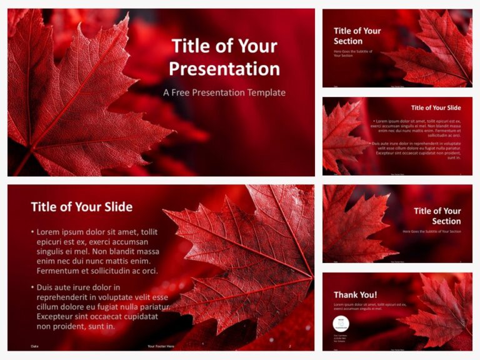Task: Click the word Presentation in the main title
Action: tap(224, 68)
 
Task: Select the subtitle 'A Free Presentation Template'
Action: tap(224, 92)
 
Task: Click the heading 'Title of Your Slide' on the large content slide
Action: tap(81, 207)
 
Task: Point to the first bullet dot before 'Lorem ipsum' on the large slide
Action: tap(32, 231)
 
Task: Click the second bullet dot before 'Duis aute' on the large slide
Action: tap(32, 287)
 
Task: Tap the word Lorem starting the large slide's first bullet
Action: tap(50, 231)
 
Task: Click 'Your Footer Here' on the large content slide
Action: tap(161, 346)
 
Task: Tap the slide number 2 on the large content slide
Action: tap(289, 346)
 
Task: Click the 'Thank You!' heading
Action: tap(355, 294)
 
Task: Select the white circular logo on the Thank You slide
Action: tap(341, 323)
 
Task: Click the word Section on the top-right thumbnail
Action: tap(348, 41)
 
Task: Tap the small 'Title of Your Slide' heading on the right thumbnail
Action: tap(436, 107)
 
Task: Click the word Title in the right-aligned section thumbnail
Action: tap(424, 211)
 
